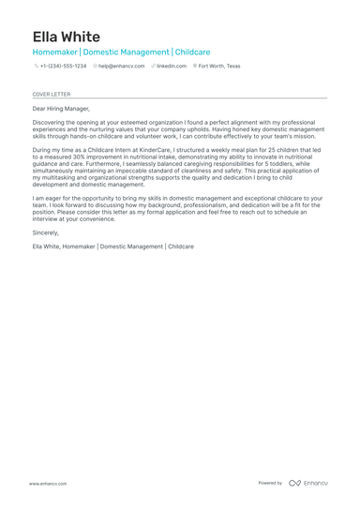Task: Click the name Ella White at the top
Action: (66, 37)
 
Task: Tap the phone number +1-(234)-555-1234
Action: (63, 67)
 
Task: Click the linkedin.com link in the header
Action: (172, 67)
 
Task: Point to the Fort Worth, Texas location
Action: (219, 67)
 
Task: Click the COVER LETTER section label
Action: (51, 95)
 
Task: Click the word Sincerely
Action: (45, 232)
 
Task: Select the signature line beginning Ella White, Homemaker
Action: (112, 246)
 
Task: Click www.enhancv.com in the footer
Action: (47, 483)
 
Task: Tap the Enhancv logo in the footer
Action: (308, 483)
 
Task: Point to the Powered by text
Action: (270, 483)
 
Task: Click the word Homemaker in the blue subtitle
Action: (55, 52)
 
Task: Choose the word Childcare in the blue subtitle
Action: (193, 52)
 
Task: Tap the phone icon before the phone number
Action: (36, 67)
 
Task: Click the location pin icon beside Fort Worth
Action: (195, 67)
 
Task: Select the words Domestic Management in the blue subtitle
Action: (127, 52)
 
